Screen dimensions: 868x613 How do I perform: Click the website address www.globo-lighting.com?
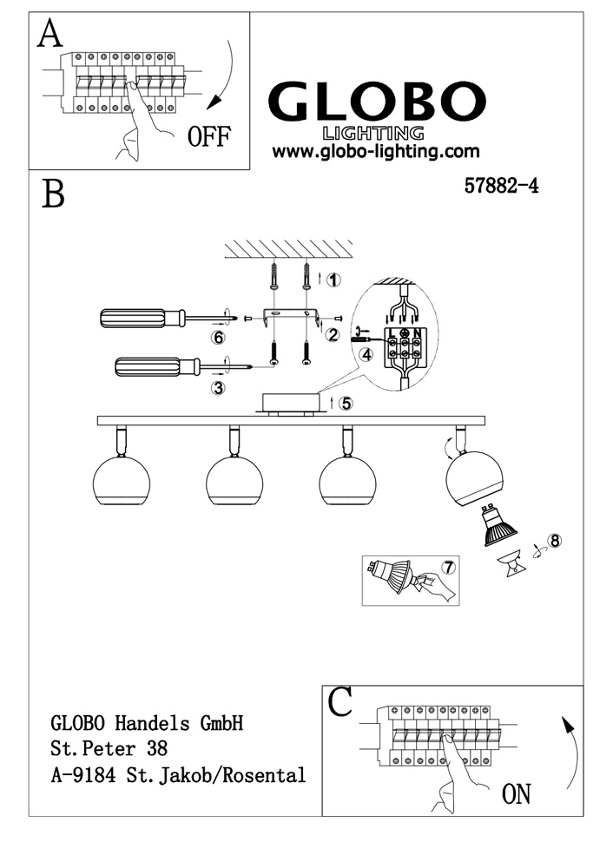(375, 151)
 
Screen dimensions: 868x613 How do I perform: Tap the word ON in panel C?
(516, 793)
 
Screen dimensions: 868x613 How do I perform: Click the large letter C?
(341, 702)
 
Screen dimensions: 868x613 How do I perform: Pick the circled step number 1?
(335, 279)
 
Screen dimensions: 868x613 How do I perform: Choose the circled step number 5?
(346, 403)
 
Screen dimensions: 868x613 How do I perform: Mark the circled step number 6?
(220, 337)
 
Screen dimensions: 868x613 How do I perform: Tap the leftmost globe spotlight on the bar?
(122, 480)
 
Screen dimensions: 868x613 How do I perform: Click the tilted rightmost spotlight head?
(474, 477)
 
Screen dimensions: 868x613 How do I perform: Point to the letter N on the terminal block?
(419, 332)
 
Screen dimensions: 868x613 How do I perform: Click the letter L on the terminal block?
(392, 332)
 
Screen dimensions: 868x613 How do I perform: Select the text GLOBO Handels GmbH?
(146, 721)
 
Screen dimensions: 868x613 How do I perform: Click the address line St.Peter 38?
(109, 747)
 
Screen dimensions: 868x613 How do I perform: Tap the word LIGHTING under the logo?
(373, 133)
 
